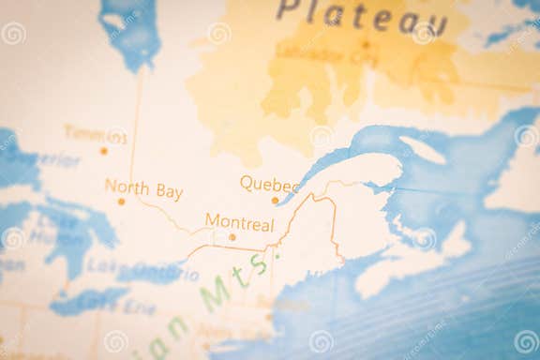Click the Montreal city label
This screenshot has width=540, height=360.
click(239, 224)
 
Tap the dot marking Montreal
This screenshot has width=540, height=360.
click(232, 237)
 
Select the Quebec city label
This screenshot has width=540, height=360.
click(269, 184)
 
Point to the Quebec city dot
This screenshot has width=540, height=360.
click(275, 200)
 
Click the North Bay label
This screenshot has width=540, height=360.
click(143, 189)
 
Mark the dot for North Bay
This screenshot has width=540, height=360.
click(121, 202)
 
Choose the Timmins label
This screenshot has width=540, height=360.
click(95, 134)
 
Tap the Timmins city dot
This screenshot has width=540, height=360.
click(104, 150)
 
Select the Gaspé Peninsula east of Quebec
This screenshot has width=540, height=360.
click(361, 173)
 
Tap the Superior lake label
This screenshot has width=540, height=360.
click(47, 159)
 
